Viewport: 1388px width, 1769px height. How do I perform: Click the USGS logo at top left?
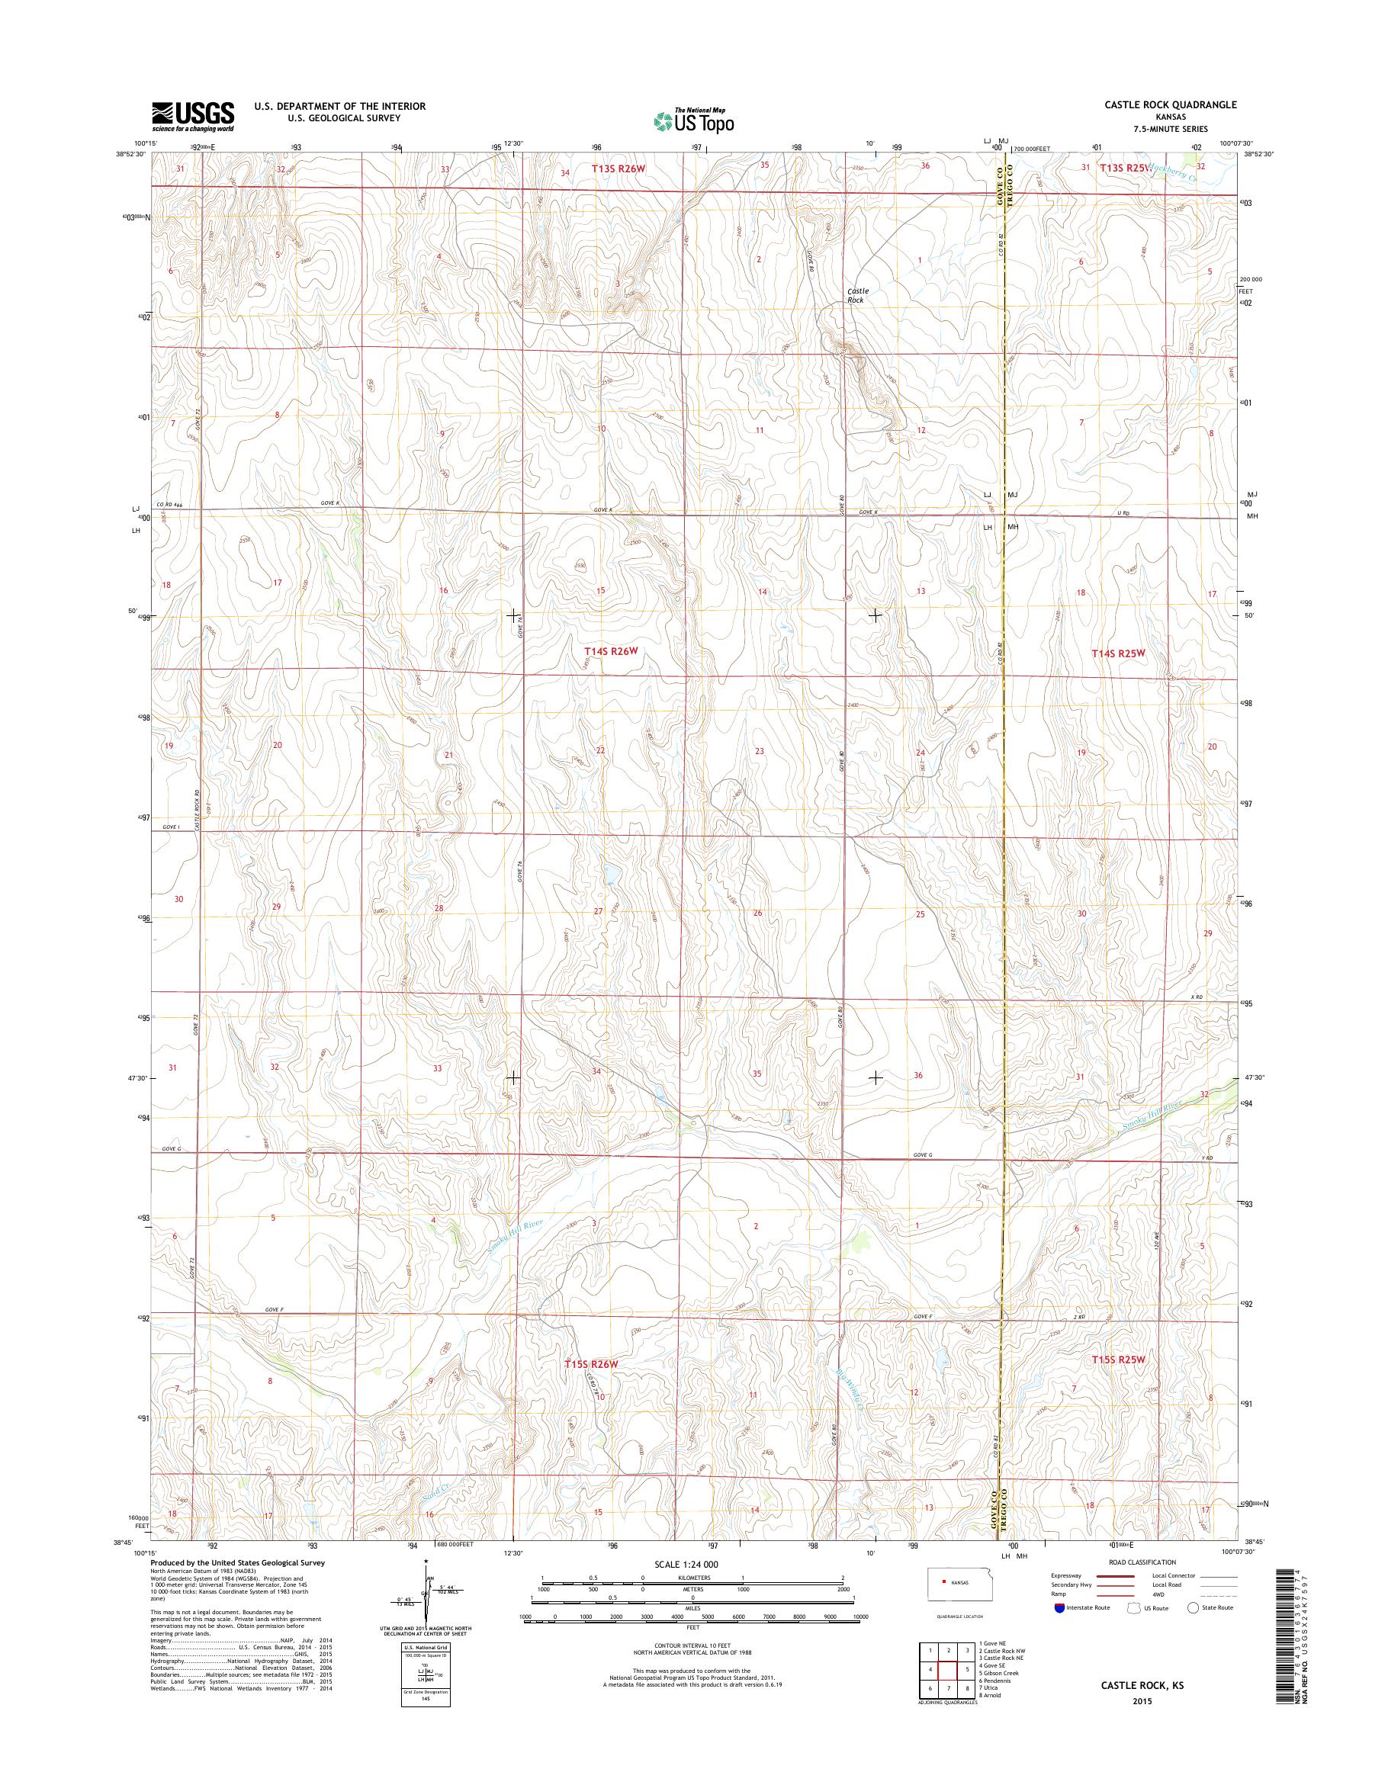[193, 116]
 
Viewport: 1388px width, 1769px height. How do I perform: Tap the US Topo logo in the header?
[693, 120]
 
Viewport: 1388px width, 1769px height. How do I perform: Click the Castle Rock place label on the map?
[857, 295]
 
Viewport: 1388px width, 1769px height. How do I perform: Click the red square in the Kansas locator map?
[944, 1581]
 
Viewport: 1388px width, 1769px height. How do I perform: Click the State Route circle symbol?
[1193, 1607]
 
